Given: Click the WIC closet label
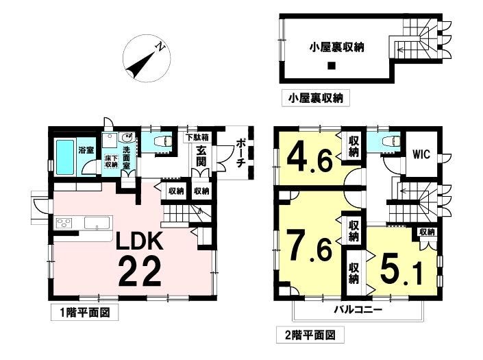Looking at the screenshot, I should tap(421, 154).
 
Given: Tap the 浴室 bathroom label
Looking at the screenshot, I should tap(86, 149).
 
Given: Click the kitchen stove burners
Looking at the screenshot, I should tap(64, 222).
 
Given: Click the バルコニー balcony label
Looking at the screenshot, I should tap(358, 310).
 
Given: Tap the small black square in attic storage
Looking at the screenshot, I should tap(331, 66).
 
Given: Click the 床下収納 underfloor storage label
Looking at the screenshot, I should tap(111, 162).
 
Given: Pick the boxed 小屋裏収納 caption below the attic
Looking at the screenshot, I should tap(315, 99).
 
